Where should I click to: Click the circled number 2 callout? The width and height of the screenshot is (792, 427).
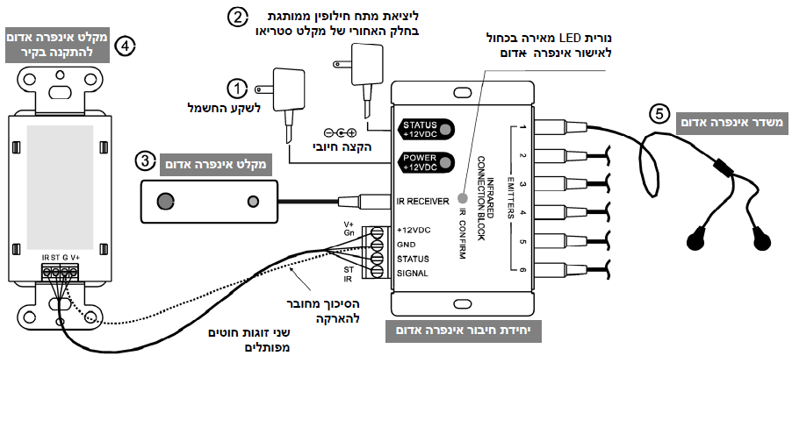pyautogui.click(x=235, y=17)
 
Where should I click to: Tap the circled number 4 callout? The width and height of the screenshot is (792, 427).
pyautogui.click(x=126, y=45)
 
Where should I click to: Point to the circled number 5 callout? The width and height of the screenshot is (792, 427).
pyautogui.click(x=659, y=113)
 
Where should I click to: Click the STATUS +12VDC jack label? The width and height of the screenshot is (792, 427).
pyautogui.click(x=419, y=130)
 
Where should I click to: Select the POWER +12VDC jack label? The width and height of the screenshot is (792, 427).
pyautogui.click(x=419, y=162)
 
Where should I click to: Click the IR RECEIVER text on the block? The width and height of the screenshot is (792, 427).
pyautogui.click(x=423, y=202)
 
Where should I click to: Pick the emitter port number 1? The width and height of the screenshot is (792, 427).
pyautogui.click(x=522, y=129)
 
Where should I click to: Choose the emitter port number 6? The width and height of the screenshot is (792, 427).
pyautogui.click(x=522, y=272)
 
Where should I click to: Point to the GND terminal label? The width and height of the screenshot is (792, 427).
pyautogui.click(x=406, y=244)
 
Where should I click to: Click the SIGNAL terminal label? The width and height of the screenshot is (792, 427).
pyautogui.click(x=412, y=274)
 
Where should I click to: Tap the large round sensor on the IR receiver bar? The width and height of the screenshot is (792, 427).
pyautogui.click(x=164, y=202)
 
